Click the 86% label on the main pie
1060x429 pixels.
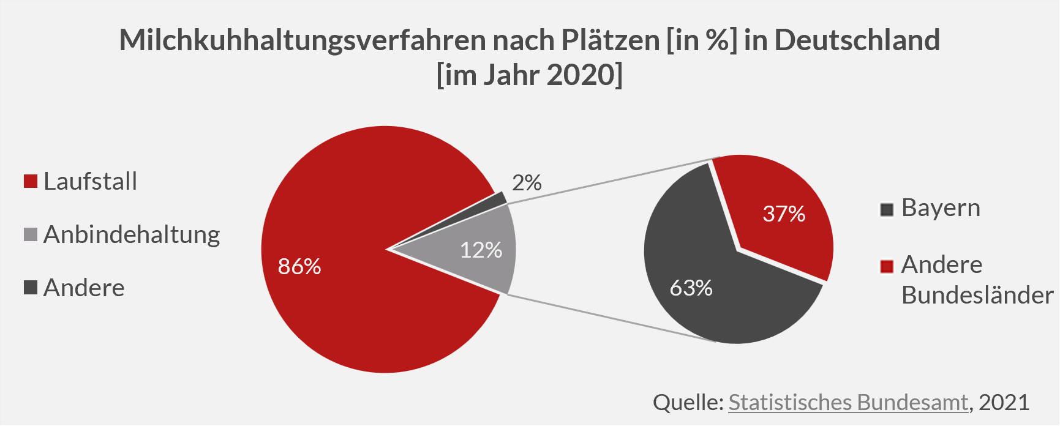[x=299, y=266]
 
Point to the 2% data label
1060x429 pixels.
[x=527, y=182]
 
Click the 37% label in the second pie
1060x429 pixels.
[x=784, y=214]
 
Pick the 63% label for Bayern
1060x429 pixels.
[x=691, y=288]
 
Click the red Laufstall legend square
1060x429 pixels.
[x=31, y=182]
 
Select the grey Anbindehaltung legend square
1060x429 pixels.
[x=31, y=235]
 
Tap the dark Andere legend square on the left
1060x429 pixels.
[x=31, y=288]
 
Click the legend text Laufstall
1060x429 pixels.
[x=91, y=182]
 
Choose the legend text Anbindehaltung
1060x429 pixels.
[x=132, y=235]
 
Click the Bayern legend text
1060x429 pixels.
[x=941, y=208]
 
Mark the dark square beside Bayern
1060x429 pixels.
[x=887, y=210]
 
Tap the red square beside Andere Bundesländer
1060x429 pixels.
[x=887, y=266]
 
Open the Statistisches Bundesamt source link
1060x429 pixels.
[x=848, y=402]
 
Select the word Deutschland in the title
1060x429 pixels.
[x=857, y=40]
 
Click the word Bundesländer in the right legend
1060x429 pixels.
[x=977, y=295]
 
